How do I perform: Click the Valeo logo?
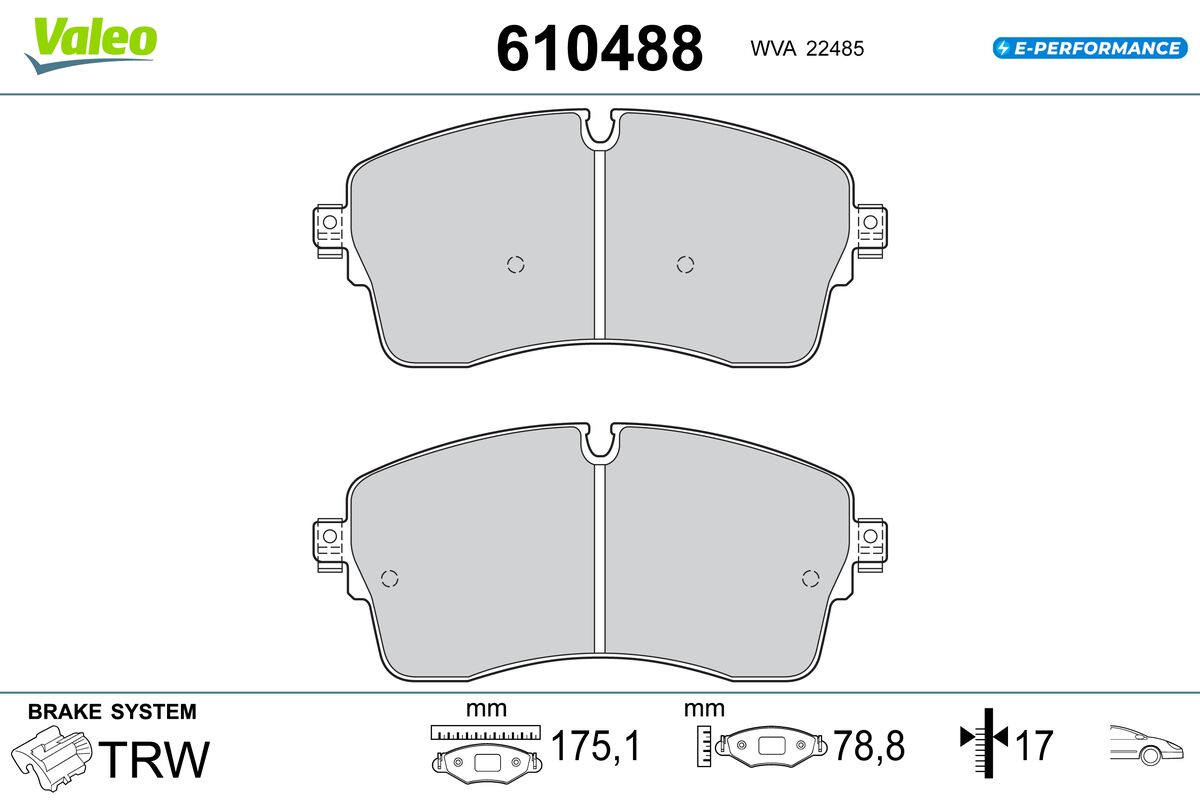tap(91, 44)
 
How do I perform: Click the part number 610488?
tap(599, 49)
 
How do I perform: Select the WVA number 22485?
tap(835, 49)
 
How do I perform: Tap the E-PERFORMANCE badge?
tap(1090, 48)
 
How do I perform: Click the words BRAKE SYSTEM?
tap(112, 712)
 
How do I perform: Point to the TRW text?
tap(154, 759)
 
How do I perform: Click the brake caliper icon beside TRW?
tap(52, 758)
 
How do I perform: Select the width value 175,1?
tap(595, 745)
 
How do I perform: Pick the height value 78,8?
tap(869, 745)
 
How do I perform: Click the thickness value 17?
tap(1033, 745)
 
